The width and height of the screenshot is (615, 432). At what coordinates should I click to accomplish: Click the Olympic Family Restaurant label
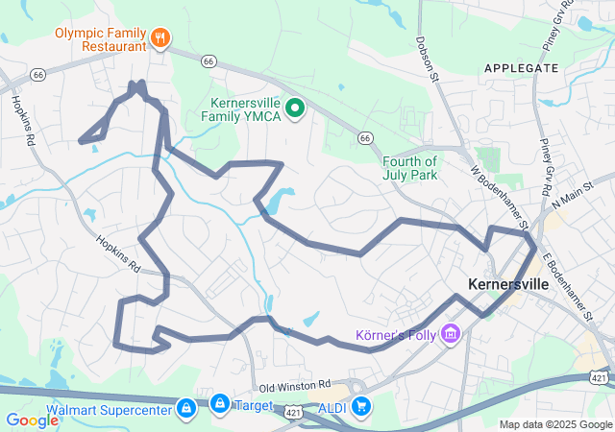pyautogui.click(x=100, y=38)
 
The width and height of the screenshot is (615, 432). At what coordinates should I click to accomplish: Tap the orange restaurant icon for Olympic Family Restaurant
pyautogui.click(x=160, y=38)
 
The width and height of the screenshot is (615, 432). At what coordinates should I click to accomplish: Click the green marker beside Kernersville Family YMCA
pyautogui.click(x=296, y=108)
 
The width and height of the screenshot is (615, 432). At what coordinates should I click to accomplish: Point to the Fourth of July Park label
pyautogui.click(x=409, y=168)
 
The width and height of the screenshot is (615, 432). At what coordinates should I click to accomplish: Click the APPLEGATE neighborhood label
pyautogui.click(x=522, y=68)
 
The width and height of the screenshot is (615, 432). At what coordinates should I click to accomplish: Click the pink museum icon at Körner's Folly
pyautogui.click(x=450, y=334)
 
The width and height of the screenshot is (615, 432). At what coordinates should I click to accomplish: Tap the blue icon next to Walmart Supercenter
pyautogui.click(x=185, y=408)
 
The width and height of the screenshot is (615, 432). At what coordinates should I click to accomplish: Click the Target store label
pyautogui.click(x=255, y=406)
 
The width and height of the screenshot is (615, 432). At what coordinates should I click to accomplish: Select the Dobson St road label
pyautogui.click(x=428, y=60)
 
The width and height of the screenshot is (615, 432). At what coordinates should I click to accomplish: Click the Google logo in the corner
pyautogui.click(x=33, y=420)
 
